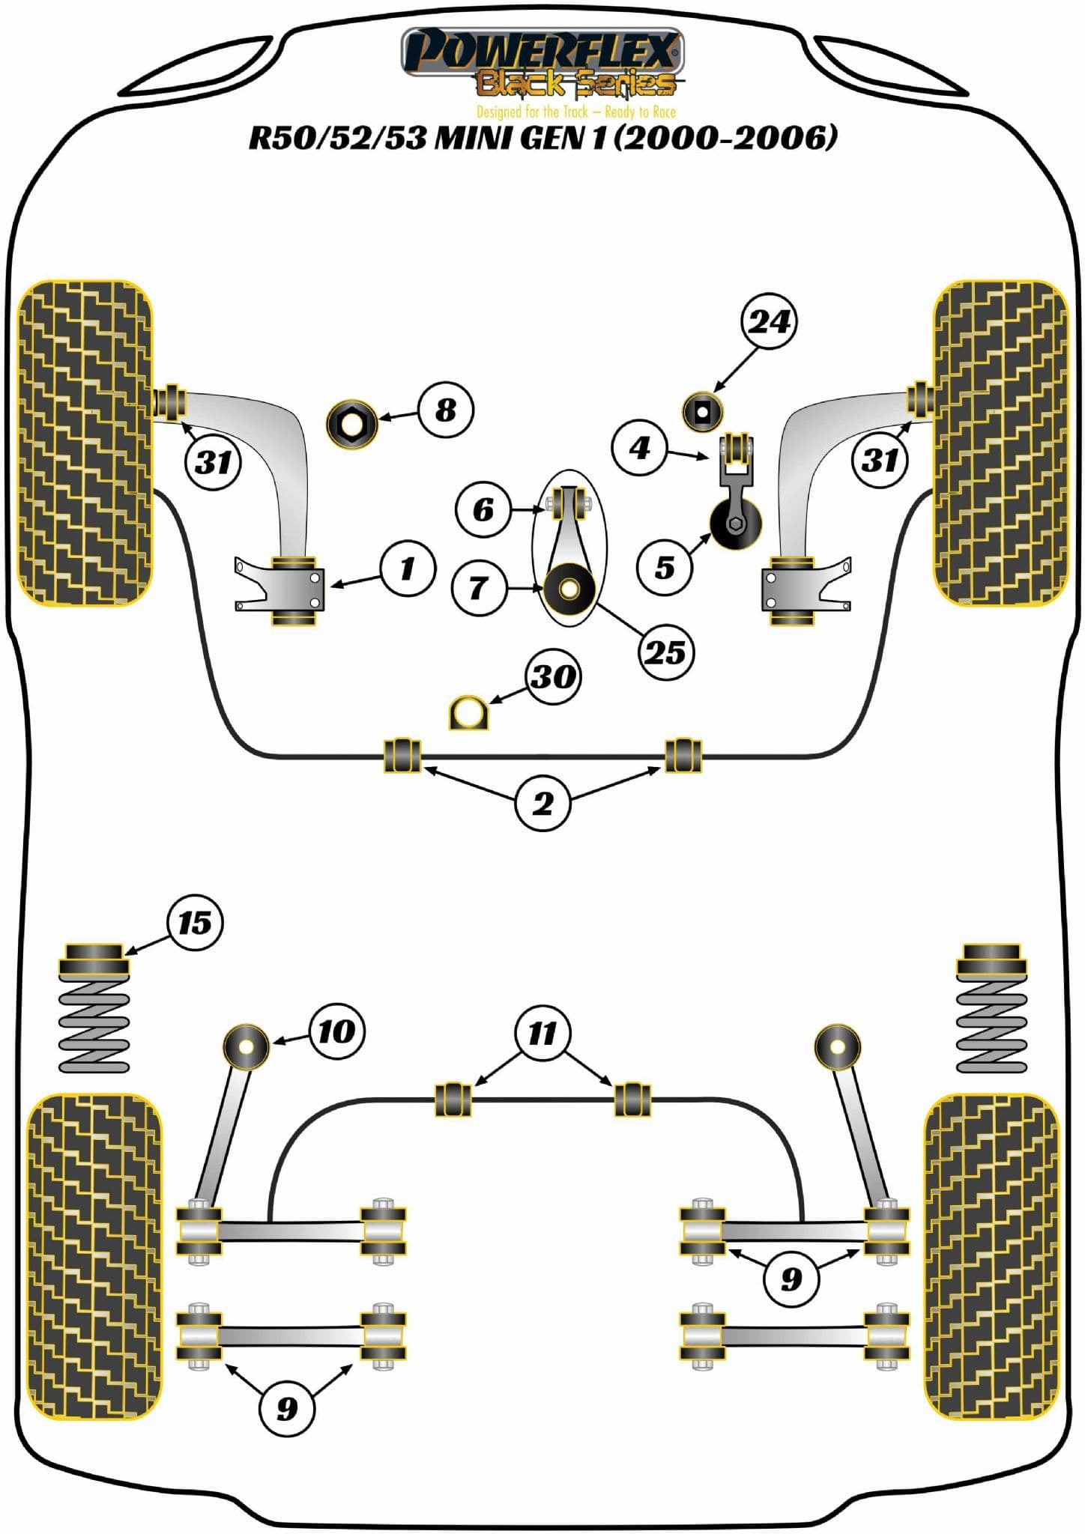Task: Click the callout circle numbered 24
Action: coord(768,321)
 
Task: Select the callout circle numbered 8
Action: coord(446,410)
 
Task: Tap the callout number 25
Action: coord(665,652)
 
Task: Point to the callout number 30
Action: coord(553,676)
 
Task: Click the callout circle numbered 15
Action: coord(195,923)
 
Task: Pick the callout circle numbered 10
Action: coord(336,1031)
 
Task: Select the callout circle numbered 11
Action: coord(542,1033)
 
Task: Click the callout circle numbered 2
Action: coord(542,804)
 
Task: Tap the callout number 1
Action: coord(408,569)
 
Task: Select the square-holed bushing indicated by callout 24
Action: coord(702,411)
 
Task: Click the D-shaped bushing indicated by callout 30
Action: coord(468,712)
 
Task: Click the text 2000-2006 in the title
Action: coord(725,137)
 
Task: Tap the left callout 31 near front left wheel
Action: coord(214,462)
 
